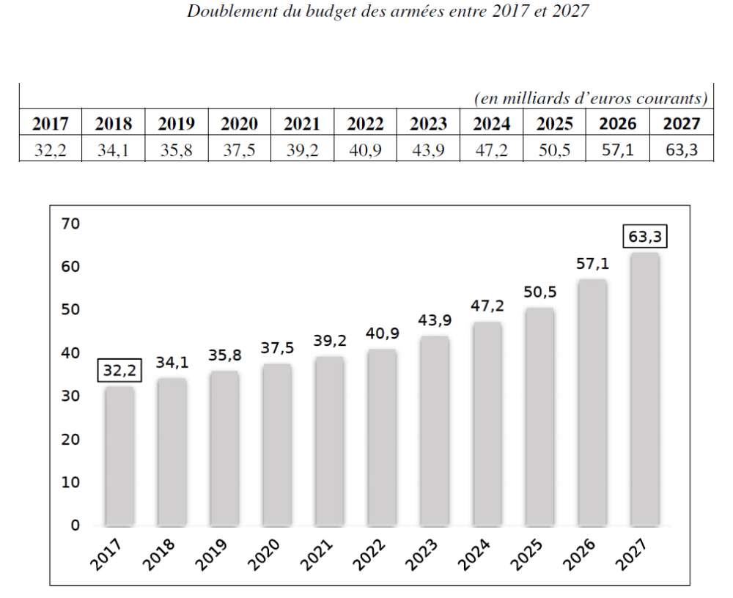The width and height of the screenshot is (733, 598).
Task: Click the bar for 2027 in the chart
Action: [644, 388]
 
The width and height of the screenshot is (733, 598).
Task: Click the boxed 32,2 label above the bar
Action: [119, 372]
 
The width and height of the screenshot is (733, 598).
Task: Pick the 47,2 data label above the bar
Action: [487, 306]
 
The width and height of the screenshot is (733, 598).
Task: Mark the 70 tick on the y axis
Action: [70, 224]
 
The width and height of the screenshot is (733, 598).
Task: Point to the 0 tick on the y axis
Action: [74, 525]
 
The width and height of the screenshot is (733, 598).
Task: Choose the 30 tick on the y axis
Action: [70, 396]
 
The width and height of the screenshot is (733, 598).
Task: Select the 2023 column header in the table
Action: [428, 124]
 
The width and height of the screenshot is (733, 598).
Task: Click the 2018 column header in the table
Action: [113, 124]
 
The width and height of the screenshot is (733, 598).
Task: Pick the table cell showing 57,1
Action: [617, 150]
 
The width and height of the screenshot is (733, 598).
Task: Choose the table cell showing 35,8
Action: [176, 150]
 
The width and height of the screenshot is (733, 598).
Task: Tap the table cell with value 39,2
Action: [302, 150]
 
